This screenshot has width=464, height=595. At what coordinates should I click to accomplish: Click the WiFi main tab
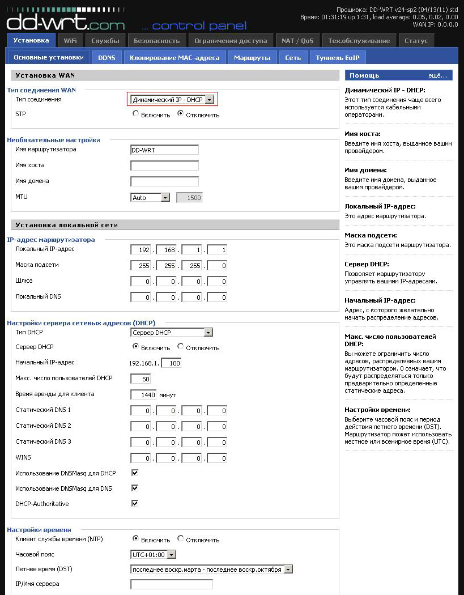tap(70, 41)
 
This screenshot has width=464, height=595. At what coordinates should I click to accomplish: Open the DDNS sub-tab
tap(107, 57)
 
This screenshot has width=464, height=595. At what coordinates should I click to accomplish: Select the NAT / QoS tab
tap(297, 41)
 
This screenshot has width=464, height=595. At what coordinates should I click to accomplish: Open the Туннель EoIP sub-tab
tap(338, 57)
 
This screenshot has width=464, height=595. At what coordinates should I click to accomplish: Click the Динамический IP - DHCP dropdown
tap(172, 100)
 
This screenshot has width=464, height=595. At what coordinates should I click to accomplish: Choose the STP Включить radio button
tap(135, 114)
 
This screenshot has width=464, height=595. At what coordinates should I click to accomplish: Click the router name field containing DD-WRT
tap(164, 150)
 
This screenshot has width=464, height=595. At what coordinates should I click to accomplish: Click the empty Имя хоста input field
tap(164, 165)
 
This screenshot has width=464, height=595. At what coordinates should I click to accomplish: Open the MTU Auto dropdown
tap(150, 198)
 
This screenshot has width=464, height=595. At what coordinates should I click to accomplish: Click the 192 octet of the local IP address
tap(141, 250)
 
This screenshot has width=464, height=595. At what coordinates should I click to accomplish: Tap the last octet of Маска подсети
tap(217, 266)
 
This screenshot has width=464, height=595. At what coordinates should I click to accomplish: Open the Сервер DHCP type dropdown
tap(172, 333)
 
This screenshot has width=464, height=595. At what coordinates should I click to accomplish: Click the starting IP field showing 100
tap(171, 363)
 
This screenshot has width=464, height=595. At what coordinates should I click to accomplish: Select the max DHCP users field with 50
tap(141, 379)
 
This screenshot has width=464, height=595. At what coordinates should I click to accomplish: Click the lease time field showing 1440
tap(143, 394)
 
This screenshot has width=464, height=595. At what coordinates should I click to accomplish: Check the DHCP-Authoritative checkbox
tap(135, 503)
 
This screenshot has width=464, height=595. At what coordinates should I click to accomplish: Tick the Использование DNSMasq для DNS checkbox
tap(135, 488)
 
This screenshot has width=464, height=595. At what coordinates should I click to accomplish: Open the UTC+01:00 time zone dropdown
tap(154, 554)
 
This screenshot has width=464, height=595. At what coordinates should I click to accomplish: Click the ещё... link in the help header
tap(437, 75)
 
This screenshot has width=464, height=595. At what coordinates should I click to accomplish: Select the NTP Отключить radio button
tap(181, 538)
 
